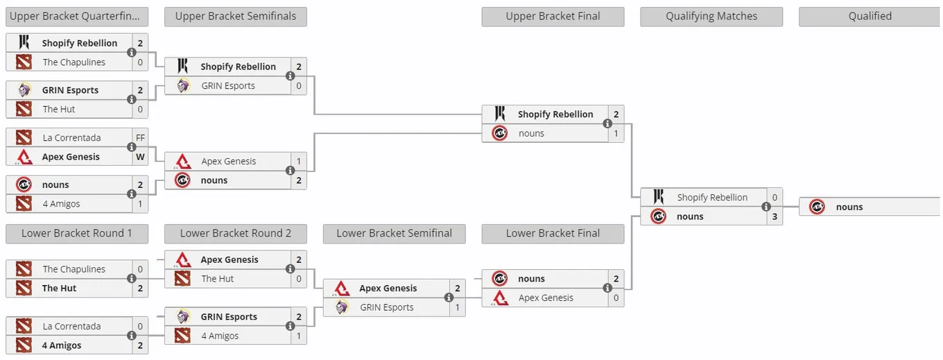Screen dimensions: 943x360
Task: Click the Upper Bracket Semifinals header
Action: pos(235,17)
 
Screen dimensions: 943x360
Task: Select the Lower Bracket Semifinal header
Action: pos(394,234)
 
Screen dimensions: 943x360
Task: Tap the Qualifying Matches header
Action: pos(711,17)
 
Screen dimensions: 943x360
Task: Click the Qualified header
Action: pos(870,17)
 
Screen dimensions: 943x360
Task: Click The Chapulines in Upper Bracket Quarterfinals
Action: pos(74,62)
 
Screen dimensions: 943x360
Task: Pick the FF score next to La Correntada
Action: pos(140,137)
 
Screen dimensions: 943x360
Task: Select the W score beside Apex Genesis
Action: pos(140,157)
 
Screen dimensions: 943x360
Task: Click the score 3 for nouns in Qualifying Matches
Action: pos(775,216)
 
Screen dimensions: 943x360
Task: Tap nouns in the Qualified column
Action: pos(849,207)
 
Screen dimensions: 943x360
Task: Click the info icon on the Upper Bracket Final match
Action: pos(607,123)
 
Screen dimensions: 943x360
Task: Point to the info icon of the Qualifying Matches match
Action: pos(765,207)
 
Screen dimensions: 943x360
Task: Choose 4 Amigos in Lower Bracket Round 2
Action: pos(220,336)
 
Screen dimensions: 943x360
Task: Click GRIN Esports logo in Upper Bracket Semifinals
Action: pos(183,85)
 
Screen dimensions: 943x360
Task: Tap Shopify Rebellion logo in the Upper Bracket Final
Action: pos(500,114)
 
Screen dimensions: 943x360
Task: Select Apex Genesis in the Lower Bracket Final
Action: pos(546,298)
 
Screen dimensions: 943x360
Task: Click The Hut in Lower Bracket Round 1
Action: pos(59,288)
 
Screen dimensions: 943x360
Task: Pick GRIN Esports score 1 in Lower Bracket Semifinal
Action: pos(457,307)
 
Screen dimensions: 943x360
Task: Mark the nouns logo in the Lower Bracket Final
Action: pos(500,278)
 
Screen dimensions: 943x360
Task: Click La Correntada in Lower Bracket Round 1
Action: pos(71,326)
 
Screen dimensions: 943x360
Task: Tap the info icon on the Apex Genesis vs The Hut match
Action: pos(290,268)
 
